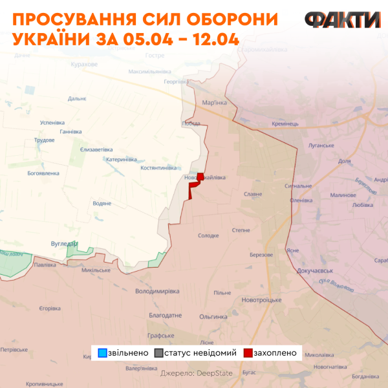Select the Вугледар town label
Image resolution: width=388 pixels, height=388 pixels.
pos(63,243)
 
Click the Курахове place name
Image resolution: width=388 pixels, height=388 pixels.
pos(85,65)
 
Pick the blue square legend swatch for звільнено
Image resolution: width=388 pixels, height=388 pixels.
pos(102,353)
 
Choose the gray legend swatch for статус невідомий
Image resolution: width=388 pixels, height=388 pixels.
pos(159,353)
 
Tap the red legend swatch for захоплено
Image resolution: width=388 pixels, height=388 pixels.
pos(248,353)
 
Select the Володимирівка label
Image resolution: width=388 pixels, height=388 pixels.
pos(157,291)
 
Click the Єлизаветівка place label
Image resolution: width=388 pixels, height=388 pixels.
pos(96,149)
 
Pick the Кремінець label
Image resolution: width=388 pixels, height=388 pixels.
pos(285,124)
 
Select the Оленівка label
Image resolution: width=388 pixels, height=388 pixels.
pos(301,200)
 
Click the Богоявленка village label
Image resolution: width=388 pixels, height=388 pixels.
pos(43,173)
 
